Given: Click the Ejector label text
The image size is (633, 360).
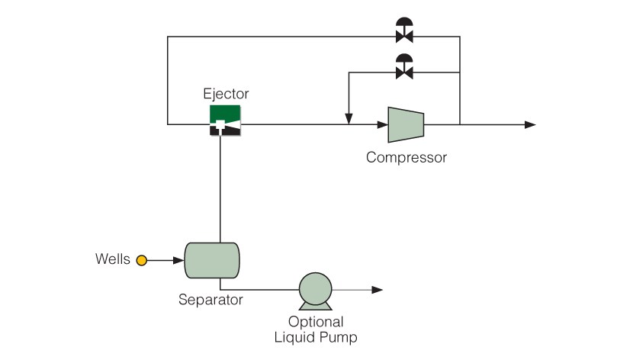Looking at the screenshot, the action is click(x=226, y=94).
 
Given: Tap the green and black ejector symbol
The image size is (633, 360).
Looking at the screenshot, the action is click(x=225, y=121).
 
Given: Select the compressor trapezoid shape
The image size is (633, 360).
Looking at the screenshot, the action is click(x=406, y=125).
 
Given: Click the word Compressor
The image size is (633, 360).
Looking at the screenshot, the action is click(x=406, y=157).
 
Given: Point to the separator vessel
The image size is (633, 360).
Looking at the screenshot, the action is click(x=212, y=260).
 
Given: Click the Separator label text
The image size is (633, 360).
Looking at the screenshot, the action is click(x=210, y=300).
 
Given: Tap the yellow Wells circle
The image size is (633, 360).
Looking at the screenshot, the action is click(x=141, y=260).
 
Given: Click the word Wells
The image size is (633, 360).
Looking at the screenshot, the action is click(x=113, y=259).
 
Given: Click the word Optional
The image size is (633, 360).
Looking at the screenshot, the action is click(x=316, y=322).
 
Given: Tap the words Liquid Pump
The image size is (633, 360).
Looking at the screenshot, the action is click(x=316, y=337).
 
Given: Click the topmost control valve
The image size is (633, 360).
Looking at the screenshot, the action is click(x=404, y=30).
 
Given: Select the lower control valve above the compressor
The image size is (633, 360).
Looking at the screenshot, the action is click(x=404, y=66).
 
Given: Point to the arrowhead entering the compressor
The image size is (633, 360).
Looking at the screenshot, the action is click(x=383, y=125).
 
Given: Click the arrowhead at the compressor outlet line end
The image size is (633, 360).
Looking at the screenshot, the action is click(x=530, y=125).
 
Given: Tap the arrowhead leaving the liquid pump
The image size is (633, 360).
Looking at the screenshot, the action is click(x=377, y=290).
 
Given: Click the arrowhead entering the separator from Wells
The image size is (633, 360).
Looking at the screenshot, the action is click(x=178, y=260).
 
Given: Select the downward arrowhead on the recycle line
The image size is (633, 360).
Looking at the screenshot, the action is click(x=349, y=119).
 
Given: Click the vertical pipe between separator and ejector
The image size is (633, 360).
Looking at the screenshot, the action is click(x=220, y=189).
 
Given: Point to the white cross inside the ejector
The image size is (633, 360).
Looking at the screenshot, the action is click(x=220, y=125).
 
